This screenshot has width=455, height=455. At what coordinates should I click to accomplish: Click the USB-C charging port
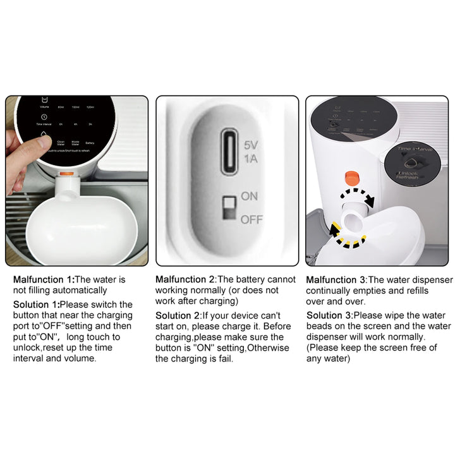(230, 151)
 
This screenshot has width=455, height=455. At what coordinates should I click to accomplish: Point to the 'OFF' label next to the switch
(250, 220)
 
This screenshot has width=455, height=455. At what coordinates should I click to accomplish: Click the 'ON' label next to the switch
(250, 196)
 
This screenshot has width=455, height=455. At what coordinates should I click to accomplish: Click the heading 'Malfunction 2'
(186, 279)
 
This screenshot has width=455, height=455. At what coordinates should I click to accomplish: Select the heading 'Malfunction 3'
(336, 279)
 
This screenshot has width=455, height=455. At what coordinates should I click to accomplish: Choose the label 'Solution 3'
(329, 315)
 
